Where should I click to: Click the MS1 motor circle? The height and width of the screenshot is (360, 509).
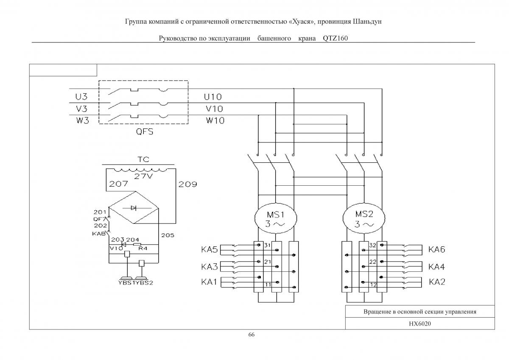click(x=255, y=218)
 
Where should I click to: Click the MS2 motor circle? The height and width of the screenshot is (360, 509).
click(x=343, y=218)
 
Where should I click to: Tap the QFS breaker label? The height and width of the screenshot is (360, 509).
click(x=145, y=131)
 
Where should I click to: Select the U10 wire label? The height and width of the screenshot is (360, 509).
click(x=213, y=97)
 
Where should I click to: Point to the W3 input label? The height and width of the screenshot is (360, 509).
click(x=82, y=120)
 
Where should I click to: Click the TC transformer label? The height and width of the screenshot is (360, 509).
click(x=143, y=159)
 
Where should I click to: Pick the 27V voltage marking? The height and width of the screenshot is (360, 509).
click(x=143, y=176)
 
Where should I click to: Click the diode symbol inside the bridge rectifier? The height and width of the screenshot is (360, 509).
click(x=134, y=208)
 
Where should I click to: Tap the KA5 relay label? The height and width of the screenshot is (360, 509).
click(x=209, y=250)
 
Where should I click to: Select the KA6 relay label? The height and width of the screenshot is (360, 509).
click(x=436, y=249)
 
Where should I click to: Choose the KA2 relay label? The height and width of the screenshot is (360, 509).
click(x=437, y=282)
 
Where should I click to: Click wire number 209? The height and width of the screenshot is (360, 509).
click(x=187, y=184)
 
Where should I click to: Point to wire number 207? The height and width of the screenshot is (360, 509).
click(x=118, y=184)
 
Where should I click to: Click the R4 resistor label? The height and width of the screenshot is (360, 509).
click(x=143, y=248)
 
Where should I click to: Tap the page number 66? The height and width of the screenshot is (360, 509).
click(x=251, y=335)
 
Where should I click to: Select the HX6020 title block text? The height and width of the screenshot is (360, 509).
click(x=420, y=324)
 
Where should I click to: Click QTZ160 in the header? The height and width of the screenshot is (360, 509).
click(x=335, y=38)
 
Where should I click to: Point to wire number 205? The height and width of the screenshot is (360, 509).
click(x=168, y=235)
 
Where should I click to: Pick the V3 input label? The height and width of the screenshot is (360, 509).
click(x=81, y=109)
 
